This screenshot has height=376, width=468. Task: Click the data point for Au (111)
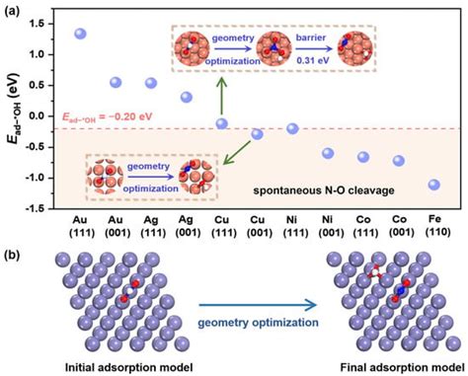81,34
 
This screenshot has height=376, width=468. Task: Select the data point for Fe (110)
434,185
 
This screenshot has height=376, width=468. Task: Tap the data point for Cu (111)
222,123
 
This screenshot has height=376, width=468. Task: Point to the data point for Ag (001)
187,97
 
